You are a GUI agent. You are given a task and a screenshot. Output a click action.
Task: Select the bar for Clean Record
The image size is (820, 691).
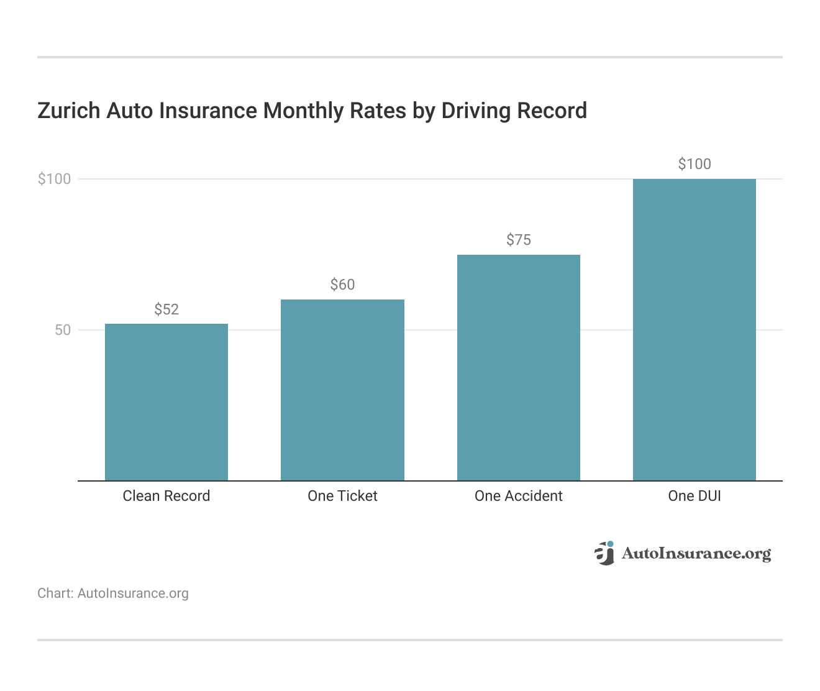coord(166,402)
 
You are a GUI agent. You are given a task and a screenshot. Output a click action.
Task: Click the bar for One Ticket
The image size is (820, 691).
coord(342,390)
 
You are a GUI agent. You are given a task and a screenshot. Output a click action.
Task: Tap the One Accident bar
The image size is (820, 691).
coord(519,367)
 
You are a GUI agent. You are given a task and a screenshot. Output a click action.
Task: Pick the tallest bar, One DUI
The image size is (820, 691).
coord(695,329)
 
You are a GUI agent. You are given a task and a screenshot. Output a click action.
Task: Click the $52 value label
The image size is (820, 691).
coord(166,309)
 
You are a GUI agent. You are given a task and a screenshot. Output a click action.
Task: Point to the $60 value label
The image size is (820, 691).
coord(342,285)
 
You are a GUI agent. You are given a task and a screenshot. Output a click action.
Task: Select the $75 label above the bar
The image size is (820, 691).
coord(519,240)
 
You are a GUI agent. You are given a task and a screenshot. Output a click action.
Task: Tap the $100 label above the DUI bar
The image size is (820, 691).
coord(695,164)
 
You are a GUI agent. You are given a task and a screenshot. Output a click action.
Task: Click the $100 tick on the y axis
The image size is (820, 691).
coord(55,179)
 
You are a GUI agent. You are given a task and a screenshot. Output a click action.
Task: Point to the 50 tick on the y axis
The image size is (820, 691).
coord(63,330)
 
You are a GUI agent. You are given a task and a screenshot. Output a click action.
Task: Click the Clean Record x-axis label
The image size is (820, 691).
coord(166,496)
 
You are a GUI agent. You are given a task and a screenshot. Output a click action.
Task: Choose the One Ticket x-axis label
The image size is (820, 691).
coord(342,496)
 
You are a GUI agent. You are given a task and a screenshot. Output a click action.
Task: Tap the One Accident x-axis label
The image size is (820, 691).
coord(519,496)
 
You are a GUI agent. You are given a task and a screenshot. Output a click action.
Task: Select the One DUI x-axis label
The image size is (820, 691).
coord(695,496)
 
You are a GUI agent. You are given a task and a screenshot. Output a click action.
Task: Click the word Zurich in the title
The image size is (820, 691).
coord(69,111)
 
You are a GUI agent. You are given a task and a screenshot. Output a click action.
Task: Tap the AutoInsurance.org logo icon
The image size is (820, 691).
coord(604,552)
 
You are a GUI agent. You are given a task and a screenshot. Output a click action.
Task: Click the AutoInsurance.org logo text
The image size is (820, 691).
coord(696,553)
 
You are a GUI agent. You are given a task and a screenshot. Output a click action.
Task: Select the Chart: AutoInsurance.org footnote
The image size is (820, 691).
coord(113,593)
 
